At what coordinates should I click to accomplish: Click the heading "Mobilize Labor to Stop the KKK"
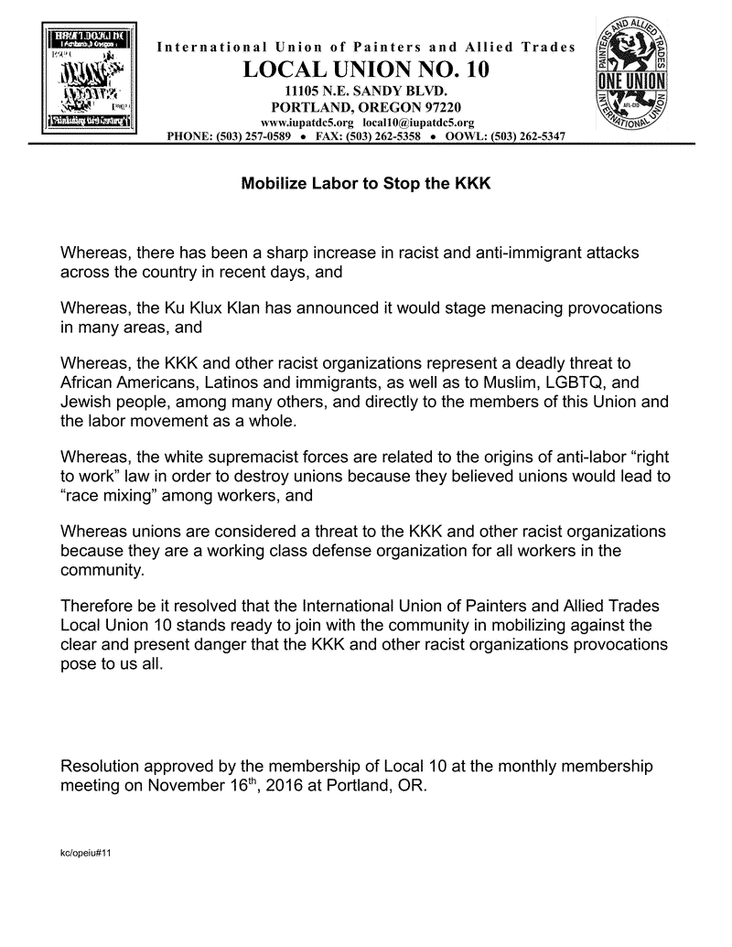click(366, 183)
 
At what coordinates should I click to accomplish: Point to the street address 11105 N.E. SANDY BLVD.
click(366, 91)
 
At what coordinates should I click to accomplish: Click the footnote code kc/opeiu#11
click(86, 853)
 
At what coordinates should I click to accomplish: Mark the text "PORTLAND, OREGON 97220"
click(366, 107)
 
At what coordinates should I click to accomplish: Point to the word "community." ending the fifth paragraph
click(102, 569)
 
